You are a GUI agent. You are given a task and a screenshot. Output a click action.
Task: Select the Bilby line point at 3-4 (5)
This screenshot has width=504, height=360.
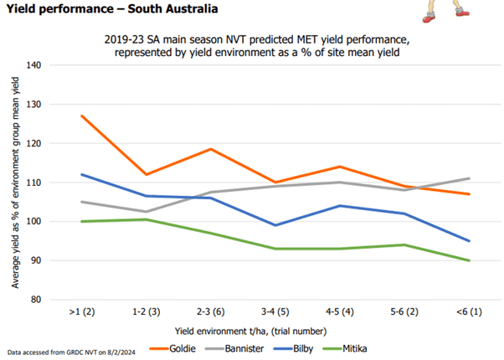(x=275, y=225)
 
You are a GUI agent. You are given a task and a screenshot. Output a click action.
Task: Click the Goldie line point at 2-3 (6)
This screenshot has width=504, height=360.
(x=210, y=149)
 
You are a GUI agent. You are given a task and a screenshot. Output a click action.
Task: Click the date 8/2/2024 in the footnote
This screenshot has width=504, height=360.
(x=121, y=352)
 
